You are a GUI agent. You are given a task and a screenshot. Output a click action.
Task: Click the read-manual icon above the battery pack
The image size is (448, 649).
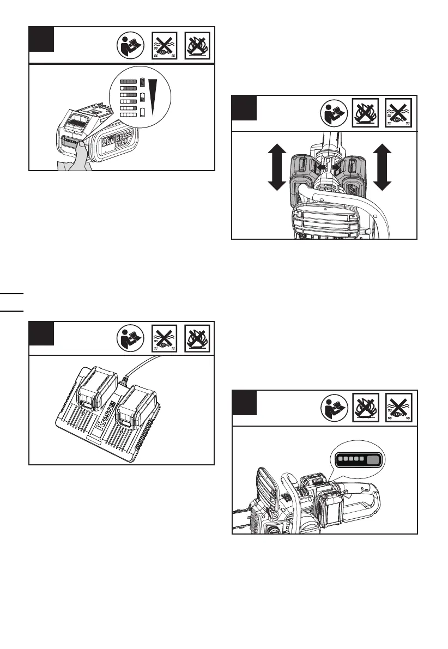131,46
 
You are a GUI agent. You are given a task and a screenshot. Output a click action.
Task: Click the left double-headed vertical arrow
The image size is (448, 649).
277,167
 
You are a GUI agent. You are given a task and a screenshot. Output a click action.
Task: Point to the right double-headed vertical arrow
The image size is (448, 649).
384,167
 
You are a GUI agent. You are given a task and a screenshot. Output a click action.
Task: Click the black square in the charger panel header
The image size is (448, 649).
41,333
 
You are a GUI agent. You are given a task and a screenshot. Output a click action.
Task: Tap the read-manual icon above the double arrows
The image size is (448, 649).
332,114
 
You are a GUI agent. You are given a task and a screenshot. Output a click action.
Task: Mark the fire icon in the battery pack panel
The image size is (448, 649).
199,46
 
